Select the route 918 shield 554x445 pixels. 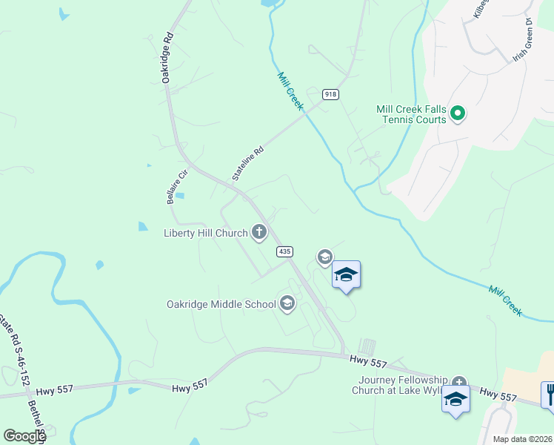click(x=330, y=94)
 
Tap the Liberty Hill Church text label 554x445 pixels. click(x=205, y=234)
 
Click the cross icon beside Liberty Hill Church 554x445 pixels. click(x=259, y=233)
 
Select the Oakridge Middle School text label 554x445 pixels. click(x=221, y=304)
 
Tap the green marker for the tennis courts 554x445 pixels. click(x=458, y=113)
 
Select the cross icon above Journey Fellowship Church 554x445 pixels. click(x=459, y=381)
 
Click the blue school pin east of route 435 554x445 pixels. click(x=345, y=275)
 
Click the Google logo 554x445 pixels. click(x=24, y=436)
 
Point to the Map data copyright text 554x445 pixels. click(x=522, y=439)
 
